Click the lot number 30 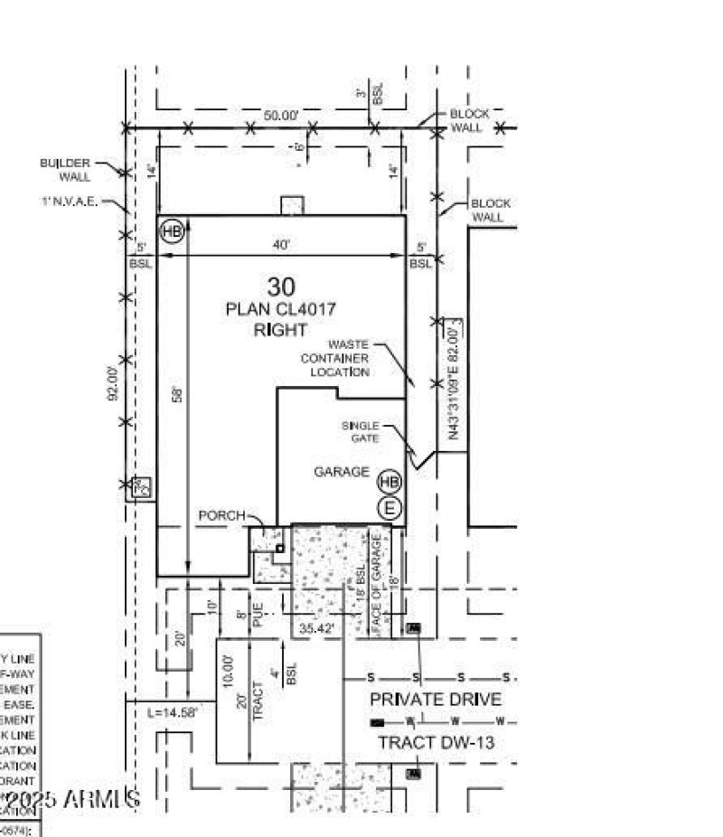[281, 287]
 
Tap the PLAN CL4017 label [281, 309]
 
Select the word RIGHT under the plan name [281, 330]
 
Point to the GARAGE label [342, 472]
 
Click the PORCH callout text [221, 515]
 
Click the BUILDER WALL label [65, 170]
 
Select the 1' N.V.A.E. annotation [69, 202]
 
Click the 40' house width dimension [281, 244]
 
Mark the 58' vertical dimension [178, 395]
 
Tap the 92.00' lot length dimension [114, 383]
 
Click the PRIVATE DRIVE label [436, 700]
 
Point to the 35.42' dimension [316, 627]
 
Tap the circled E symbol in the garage [390, 508]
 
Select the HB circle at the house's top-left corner [172, 231]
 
